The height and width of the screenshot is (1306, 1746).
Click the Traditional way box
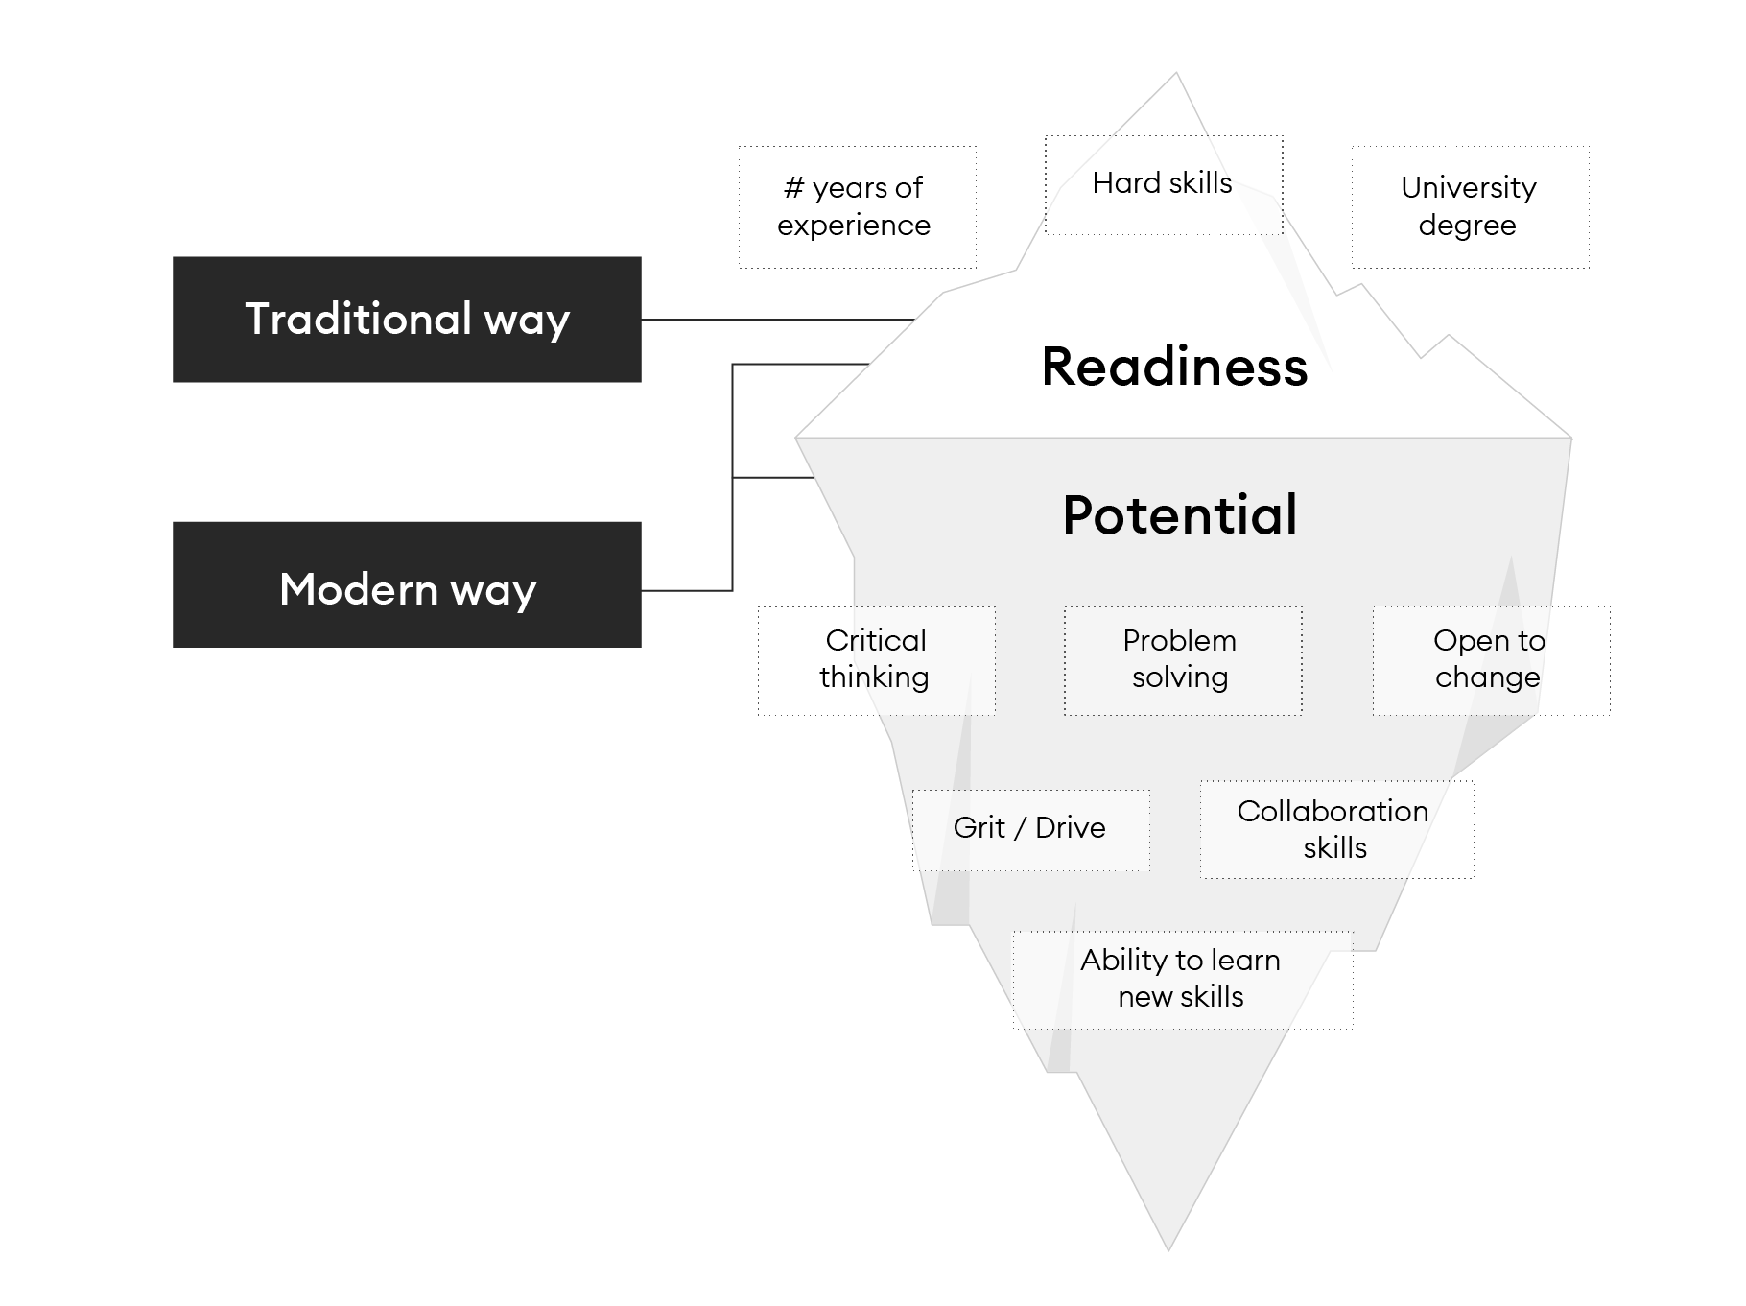pos(407,319)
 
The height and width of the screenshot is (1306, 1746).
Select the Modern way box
pos(407,583)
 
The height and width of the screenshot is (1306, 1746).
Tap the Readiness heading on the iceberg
pos(1174,367)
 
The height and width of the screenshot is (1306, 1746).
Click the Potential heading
pos(1179,514)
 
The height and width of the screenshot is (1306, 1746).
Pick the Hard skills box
pos(1163,184)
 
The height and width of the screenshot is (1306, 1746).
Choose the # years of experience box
pos(857,206)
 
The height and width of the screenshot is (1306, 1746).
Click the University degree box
pos(1470,206)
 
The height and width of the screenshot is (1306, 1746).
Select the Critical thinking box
pos(876,660)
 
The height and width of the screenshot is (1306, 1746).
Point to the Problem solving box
pos(1182,660)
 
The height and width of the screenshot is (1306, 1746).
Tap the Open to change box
pos(1490,660)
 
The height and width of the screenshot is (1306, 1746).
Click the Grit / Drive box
pos(1030,829)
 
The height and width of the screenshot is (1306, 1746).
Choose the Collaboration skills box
pos(1335,829)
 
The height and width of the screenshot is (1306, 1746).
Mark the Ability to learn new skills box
pos(1182,979)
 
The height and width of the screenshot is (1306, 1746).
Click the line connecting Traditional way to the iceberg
pos(777,320)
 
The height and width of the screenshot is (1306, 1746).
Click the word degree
pos(1467,226)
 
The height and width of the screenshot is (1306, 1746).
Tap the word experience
pos(854,226)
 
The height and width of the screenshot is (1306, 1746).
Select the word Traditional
pos(358,319)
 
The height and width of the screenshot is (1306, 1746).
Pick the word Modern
pos(358,589)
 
